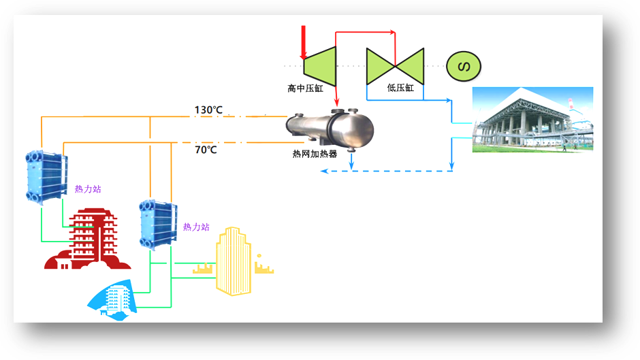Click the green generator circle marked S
click(x=464, y=65)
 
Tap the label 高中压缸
click(x=305, y=88)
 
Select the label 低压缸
click(x=400, y=88)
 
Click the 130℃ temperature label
click(x=208, y=110)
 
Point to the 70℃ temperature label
click(x=206, y=150)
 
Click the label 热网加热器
click(x=315, y=154)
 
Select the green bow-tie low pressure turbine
click(x=395, y=66)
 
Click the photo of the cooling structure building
click(x=532, y=119)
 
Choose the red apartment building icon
click(x=87, y=238)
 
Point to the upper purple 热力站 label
click(x=88, y=189)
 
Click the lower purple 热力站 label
click(x=196, y=227)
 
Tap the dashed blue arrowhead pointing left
click(x=324, y=171)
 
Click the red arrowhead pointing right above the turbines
click(x=391, y=32)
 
